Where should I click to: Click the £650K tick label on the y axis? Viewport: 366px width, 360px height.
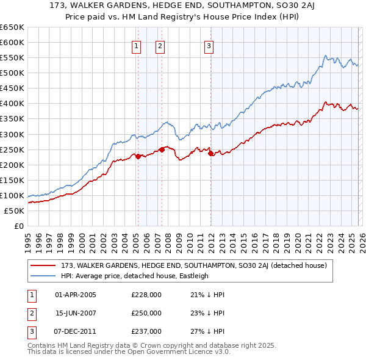coord(12,27)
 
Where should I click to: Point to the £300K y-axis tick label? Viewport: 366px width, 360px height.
coord(12,134)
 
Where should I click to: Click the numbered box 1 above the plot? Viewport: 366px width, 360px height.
coord(135,45)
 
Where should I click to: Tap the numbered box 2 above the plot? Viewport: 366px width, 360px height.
coord(160,45)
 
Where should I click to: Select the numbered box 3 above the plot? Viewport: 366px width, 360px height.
coord(209,45)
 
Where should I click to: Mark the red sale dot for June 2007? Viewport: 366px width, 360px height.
coord(162,149)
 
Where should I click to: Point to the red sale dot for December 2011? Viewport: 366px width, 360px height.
coord(210,153)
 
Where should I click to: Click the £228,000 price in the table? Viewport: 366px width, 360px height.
coord(146,295)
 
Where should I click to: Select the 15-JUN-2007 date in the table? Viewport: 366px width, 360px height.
coord(76,313)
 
